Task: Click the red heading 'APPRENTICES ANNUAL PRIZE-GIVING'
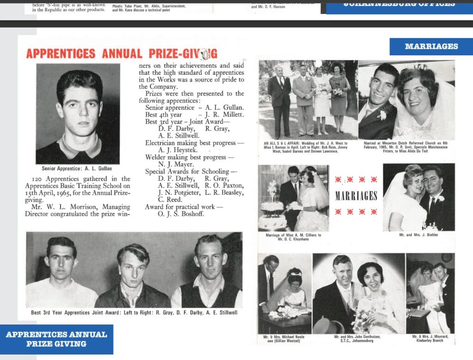(x=121, y=53)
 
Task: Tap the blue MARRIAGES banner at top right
(x=431, y=46)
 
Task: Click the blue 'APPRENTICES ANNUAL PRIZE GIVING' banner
(x=56, y=339)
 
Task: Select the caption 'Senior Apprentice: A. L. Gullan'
(x=77, y=168)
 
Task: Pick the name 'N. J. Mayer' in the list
(x=176, y=164)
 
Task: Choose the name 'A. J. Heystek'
(x=178, y=150)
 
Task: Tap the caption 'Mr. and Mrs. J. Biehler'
(x=418, y=235)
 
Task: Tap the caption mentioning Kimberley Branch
(x=431, y=340)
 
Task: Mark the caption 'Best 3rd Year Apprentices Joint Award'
(x=134, y=312)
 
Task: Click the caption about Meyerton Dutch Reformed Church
(x=406, y=146)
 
